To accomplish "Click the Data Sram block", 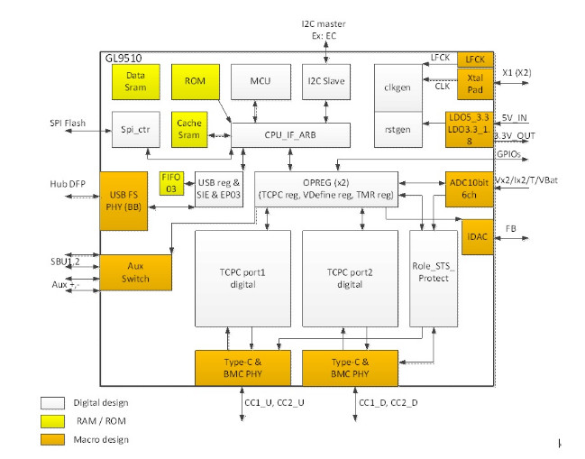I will (136, 82).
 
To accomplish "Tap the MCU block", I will (257, 82).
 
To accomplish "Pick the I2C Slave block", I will (324, 82).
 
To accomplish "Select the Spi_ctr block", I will (135, 129).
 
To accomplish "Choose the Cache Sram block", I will (189, 129).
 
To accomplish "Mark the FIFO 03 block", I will (171, 181).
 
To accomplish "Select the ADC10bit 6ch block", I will (470, 188).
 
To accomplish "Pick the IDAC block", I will (476, 237).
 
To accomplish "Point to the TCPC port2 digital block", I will (350, 278).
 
